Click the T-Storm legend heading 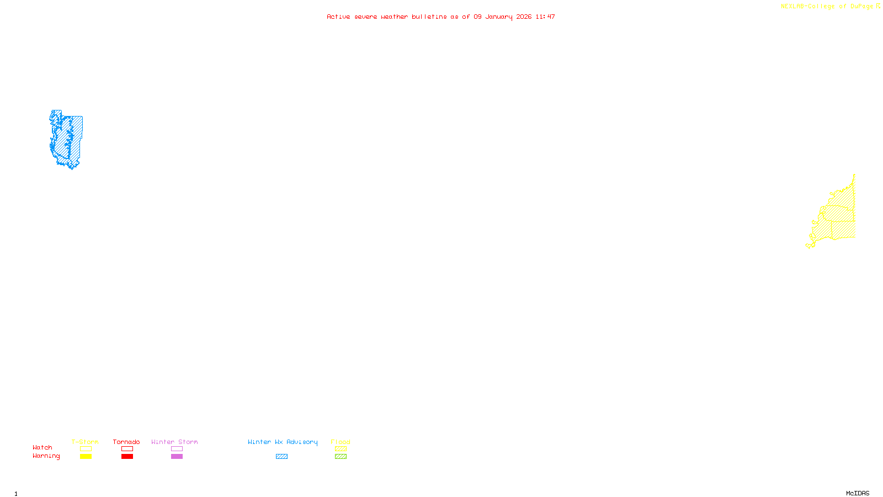coord(85,442)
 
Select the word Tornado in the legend coord(126,442)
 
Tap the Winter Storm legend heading coord(174,442)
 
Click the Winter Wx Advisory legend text coord(283,442)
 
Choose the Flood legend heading coord(341,442)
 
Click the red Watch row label coord(42,447)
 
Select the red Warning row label coord(46,456)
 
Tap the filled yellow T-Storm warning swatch coord(86,457)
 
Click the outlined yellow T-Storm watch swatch coord(86,449)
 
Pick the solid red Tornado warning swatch coord(127,457)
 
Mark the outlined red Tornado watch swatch coord(127,449)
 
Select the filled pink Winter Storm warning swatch coord(177,457)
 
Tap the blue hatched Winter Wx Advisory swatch coord(281,457)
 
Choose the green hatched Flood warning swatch coord(341,457)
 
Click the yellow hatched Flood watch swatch coord(341,449)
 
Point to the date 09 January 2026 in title coord(502,17)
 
